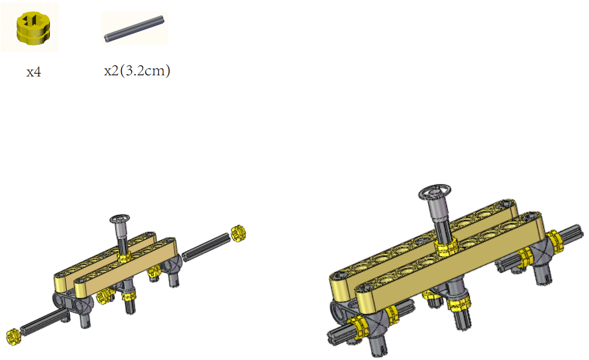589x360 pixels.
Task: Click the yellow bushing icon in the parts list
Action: pos(33,27)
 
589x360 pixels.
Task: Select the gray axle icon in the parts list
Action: pos(134,28)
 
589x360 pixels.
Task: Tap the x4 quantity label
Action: pos(34,72)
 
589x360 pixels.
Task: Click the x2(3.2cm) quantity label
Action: pos(137,71)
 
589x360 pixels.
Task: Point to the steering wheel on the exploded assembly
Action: pos(119,219)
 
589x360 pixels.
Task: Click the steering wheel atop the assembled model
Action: pos(434,192)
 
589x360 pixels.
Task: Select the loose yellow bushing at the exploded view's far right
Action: pos(238,233)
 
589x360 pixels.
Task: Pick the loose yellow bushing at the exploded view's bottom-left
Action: pos(13,337)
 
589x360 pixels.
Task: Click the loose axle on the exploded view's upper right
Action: pos(206,247)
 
